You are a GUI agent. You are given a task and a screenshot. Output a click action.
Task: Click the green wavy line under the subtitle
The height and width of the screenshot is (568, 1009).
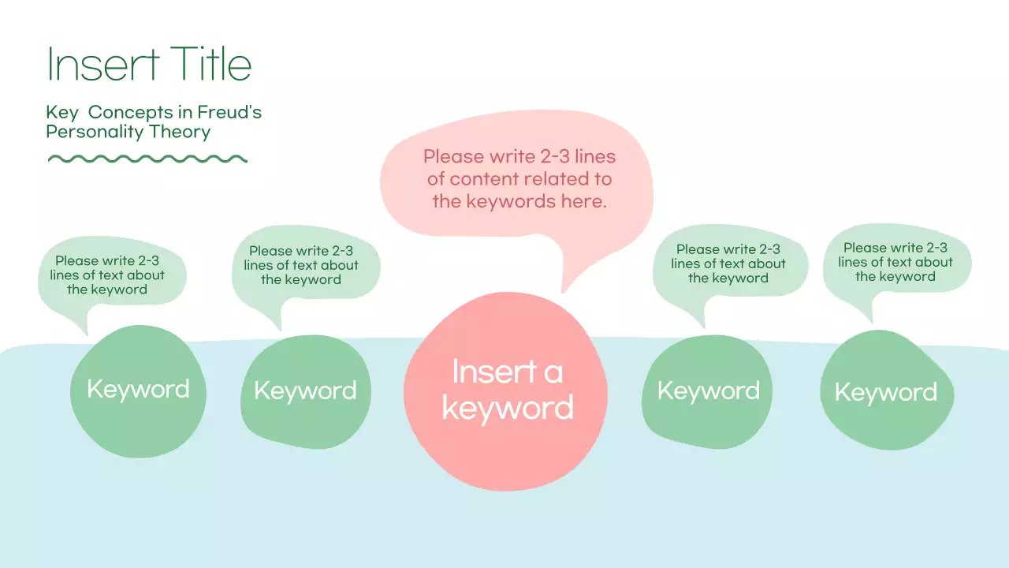pyautogui.click(x=147, y=159)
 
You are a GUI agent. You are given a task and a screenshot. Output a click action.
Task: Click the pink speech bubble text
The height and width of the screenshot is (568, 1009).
pyautogui.click(x=519, y=178)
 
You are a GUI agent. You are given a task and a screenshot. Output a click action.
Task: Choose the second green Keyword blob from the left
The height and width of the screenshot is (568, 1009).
pyautogui.click(x=305, y=391)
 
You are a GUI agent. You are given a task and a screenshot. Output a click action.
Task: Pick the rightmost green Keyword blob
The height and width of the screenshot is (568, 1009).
pyautogui.click(x=886, y=392)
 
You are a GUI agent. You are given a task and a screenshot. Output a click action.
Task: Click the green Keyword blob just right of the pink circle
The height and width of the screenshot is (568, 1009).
pyautogui.click(x=708, y=391)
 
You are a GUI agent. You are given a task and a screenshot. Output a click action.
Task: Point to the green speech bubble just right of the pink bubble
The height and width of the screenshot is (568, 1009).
pyautogui.click(x=728, y=263)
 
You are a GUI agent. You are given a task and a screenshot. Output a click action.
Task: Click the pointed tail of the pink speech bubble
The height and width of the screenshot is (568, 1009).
pyautogui.click(x=567, y=280)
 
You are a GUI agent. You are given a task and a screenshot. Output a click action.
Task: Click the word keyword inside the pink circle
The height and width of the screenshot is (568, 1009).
pyautogui.click(x=507, y=408)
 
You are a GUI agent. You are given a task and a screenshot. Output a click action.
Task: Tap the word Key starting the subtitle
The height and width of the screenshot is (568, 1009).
pyautogui.click(x=61, y=113)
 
